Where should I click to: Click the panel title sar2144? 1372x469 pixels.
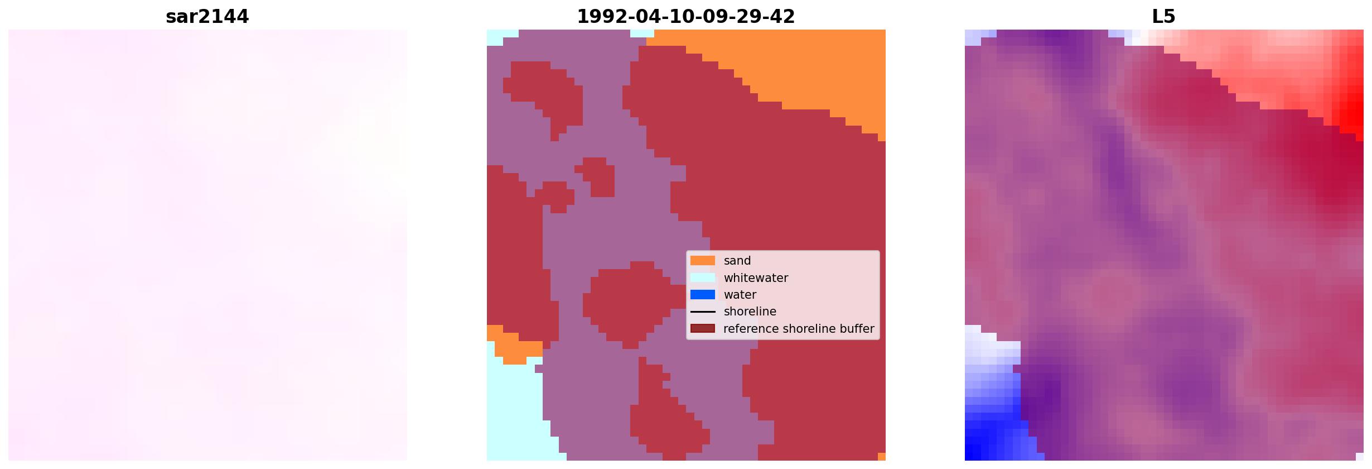tap(207, 17)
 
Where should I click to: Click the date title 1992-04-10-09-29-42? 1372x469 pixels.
tap(686, 17)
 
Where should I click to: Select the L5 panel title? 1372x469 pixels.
tap(1163, 17)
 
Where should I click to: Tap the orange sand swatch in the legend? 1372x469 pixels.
tap(703, 261)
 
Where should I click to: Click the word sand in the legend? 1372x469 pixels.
tap(737, 261)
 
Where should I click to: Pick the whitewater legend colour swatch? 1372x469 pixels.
tap(703, 277)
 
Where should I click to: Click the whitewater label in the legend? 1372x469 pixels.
tap(756, 277)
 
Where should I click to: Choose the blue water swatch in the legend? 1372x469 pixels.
tap(703, 294)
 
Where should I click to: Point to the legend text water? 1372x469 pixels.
tap(740, 294)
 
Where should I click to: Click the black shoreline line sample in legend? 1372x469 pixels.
tap(703, 312)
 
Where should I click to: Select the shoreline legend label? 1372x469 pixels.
tap(750, 312)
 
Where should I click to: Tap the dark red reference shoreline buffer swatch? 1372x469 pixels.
tap(703, 328)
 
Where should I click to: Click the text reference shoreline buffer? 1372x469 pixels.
tap(799, 329)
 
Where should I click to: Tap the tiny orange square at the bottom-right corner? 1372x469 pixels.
tap(882, 457)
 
